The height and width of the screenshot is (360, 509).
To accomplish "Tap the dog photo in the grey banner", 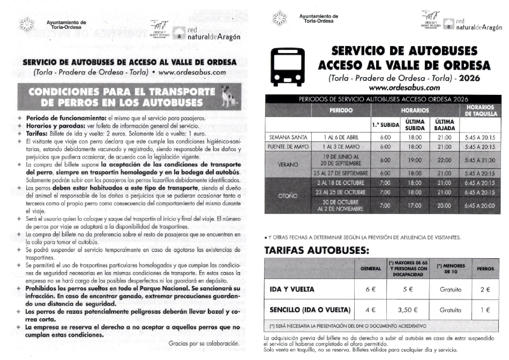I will pos(228,96).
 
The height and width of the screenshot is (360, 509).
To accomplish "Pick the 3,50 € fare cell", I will pos(407,310).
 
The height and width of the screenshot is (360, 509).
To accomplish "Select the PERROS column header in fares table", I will pos(485,269).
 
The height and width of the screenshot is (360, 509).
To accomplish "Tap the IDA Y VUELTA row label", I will pos(291,290).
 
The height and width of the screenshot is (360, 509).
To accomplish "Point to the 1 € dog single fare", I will pos(485,310).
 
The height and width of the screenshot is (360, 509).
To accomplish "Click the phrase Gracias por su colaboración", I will pos(203,343).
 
